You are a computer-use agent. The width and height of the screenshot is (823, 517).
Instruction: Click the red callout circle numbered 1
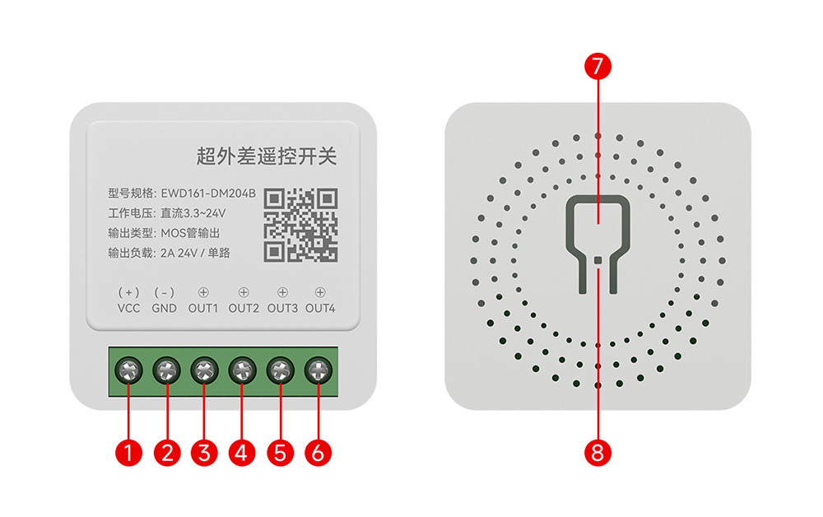(128, 452)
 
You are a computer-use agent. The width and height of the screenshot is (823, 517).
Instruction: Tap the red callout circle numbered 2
(166, 452)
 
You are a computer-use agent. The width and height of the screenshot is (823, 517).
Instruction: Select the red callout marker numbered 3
(204, 452)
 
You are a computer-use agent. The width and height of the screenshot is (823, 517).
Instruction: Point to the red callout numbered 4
(242, 452)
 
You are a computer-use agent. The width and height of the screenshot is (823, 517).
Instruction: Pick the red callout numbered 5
(280, 452)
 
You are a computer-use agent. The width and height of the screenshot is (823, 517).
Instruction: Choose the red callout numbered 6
(318, 452)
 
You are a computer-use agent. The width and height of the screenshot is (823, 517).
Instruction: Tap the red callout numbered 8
(598, 451)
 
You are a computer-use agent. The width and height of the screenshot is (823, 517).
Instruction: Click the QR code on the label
(300, 224)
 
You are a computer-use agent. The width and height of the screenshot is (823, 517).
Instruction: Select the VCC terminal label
(129, 309)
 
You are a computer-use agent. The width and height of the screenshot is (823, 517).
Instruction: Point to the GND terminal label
(165, 309)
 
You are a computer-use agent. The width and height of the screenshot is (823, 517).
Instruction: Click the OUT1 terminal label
(203, 309)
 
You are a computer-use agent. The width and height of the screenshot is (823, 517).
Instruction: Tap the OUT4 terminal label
(320, 309)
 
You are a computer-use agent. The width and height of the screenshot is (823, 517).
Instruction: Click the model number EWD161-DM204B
(208, 193)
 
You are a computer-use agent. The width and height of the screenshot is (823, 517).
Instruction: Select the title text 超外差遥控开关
(267, 155)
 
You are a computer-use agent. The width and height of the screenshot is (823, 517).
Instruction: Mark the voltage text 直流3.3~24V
(194, 213)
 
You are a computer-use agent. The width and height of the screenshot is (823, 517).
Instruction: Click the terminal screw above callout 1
(128, 371)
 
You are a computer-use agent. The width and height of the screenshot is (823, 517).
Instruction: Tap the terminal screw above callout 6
(318, 371)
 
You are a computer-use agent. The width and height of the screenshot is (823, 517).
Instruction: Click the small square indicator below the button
(598, 259)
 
